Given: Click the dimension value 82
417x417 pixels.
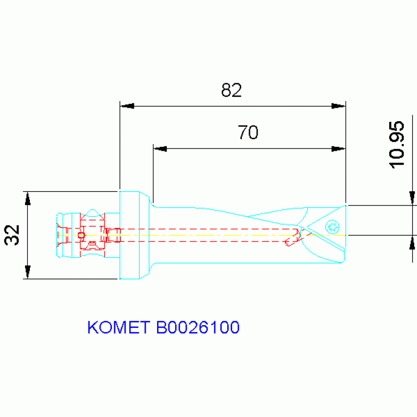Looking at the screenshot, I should pos(231,90).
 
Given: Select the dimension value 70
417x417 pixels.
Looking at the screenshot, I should pos(248,132).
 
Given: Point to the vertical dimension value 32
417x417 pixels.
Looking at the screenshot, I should pos(13,235).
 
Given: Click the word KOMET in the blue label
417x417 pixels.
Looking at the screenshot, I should pos(119,327).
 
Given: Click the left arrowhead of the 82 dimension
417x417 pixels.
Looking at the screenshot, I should pos(127,106).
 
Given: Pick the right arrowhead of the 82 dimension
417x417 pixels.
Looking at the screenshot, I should pos(339,106).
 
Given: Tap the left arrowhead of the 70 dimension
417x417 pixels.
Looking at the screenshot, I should pos(160,148).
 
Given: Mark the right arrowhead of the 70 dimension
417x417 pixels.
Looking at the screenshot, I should pos(339,148).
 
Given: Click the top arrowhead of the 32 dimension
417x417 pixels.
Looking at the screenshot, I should pos(28,198).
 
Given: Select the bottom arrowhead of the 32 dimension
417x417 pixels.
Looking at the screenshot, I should pos(28,272).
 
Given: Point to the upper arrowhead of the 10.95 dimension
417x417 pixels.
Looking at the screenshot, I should pos(412,198).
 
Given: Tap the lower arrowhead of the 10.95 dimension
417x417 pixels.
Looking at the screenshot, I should pos(412,242).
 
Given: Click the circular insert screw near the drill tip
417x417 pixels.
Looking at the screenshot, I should pos(331,226).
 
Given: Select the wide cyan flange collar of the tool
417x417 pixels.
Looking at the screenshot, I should pos(129,235).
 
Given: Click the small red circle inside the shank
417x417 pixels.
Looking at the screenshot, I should pos(82,235).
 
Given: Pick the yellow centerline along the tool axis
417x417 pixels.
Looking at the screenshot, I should pos(217,235).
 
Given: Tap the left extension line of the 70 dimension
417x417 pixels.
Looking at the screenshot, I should pos(153,174).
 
